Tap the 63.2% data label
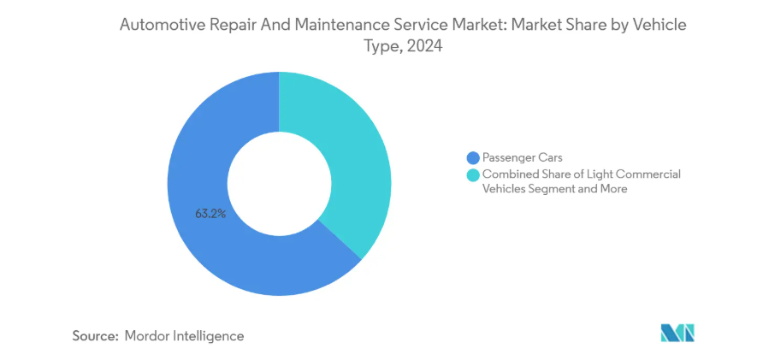pyautogui.click(x=210, y=214)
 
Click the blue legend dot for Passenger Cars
pyautogui.click(x=471, y=157)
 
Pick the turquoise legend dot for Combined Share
pyautogui.click(x=471, y=174)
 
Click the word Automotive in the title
pyautogui.click(x=162, y=26)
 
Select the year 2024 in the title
pyautogui.click(x=425, y=48)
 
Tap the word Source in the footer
pyautogui.click(x=94, y=336)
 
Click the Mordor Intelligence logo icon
pyautogui.click(x=677, y=333)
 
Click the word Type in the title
pyautogui.click(x=381, y=48)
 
